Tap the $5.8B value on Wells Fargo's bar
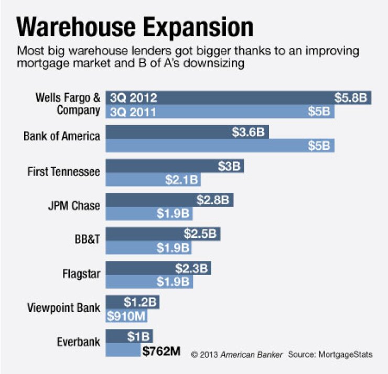352,97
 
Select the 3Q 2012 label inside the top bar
133,97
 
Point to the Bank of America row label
62,136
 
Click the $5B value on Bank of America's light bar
319,146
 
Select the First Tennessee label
63,172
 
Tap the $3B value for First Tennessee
229,167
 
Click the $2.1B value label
181,180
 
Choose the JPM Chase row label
72,205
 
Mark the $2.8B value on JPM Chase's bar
214,200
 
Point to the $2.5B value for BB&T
200,234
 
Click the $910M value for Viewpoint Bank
126,316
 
